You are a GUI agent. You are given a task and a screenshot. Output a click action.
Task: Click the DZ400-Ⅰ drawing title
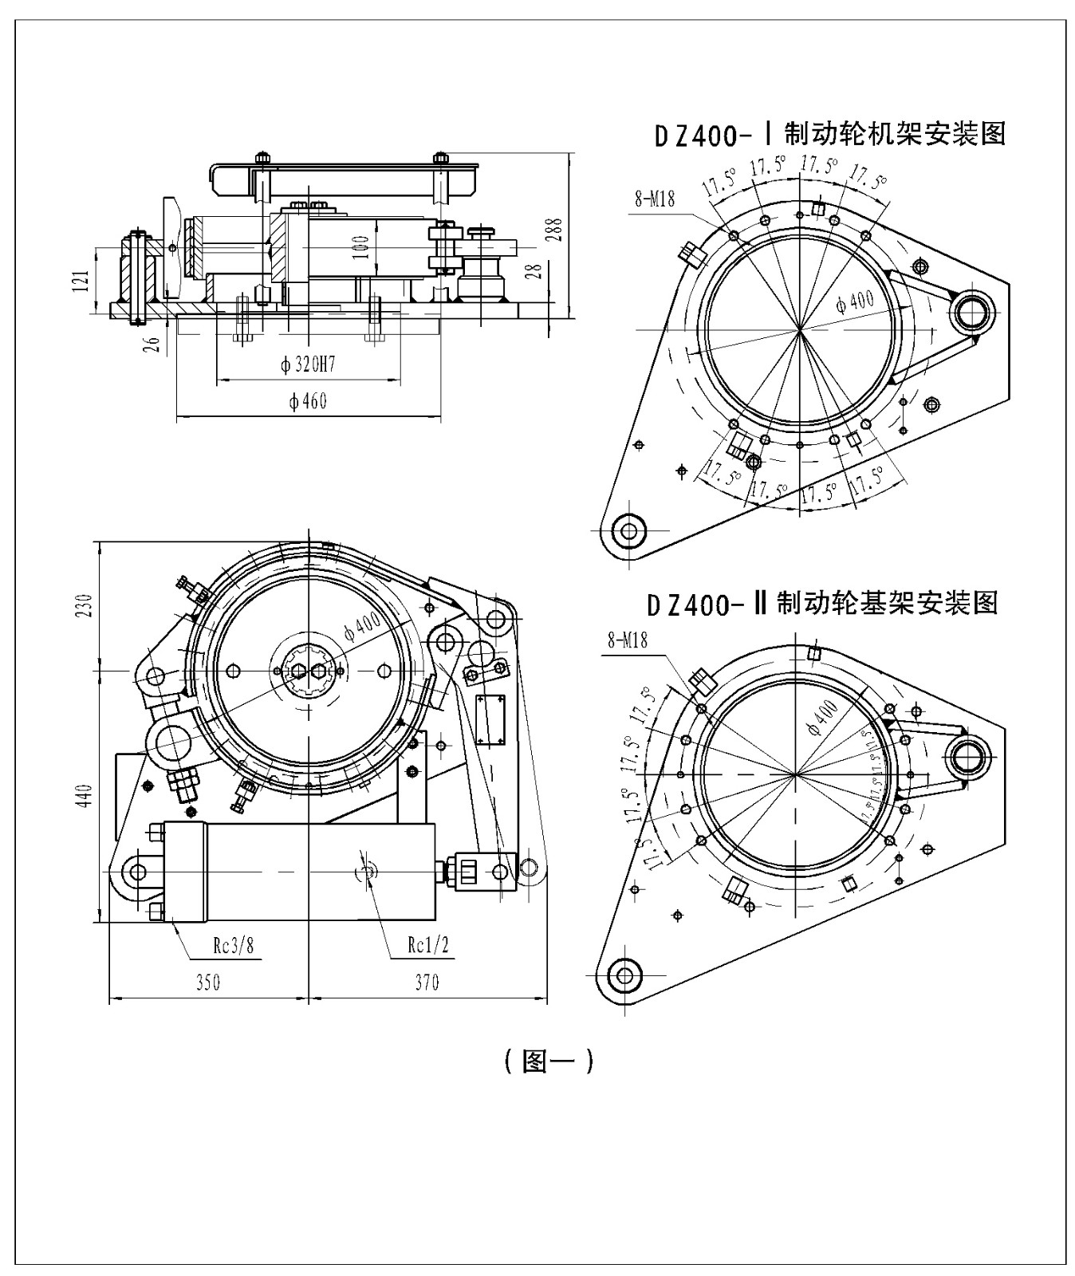(x=829, y=134)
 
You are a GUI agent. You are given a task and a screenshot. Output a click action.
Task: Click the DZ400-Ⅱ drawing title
(x=822, y=603)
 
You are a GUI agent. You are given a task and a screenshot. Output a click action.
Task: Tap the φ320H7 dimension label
(x=307, y=365)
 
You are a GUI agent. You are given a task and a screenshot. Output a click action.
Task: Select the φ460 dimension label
(x=308, y=400)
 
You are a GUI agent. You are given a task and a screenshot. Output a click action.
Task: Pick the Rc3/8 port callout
(x=234, y=947)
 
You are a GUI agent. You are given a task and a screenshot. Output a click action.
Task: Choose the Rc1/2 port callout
(x=427, y=946)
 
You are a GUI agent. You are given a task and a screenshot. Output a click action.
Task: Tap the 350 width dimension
(x=207, y=982)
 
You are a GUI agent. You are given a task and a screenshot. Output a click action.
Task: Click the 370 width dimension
(x=427, y=982)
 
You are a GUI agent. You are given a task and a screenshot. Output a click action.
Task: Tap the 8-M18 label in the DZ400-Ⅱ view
(x=627, y=639)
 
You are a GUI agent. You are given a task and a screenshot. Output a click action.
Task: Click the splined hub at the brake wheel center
(x=309, y=670)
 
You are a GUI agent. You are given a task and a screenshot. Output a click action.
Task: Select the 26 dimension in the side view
(x=156, y=344)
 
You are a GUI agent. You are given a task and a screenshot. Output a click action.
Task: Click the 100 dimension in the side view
(x=361, y=246)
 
